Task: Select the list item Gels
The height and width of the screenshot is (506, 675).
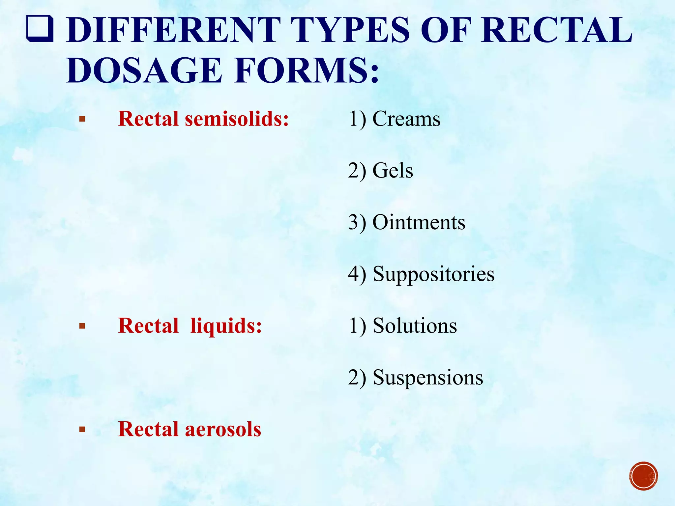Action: coord(393,170)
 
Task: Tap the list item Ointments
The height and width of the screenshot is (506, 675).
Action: coord(419,222)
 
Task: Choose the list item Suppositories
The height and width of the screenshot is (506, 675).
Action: coord(433,274)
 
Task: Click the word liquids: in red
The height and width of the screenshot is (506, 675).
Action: coord(226,326)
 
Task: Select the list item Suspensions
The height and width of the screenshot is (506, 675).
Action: coord(428,378)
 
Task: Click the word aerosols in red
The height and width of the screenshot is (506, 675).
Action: coord(223,429)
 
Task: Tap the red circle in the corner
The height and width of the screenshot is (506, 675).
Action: coord(643,476)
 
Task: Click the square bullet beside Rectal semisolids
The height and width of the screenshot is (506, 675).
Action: coord(82,119)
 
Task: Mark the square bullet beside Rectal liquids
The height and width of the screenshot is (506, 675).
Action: coord(82,326)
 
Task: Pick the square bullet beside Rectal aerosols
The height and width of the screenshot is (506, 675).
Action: coord(82,430)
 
